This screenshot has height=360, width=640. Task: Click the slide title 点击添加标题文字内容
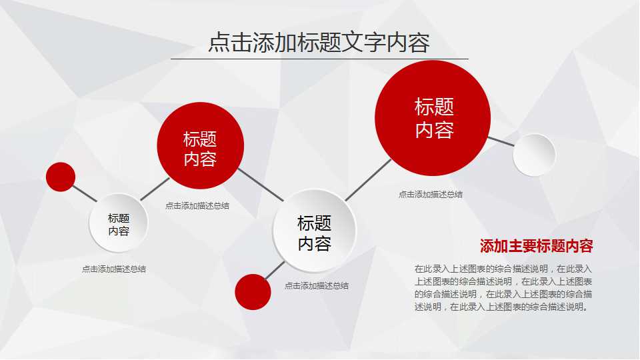tap(319, 42)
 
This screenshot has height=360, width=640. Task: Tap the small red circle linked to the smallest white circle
tap(61, 177)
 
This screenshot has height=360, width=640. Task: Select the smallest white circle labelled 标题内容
tap(119, 224)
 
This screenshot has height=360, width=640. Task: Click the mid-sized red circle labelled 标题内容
tap(200, 146)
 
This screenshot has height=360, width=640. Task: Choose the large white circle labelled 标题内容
tap(314, 231)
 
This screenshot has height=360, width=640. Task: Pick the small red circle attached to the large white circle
tap(253, 291)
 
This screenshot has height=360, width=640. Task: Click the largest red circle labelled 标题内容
tap(433, 118)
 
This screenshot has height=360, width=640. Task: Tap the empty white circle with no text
tap(534, 155)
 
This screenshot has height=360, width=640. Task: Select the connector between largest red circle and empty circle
tap(501, 141)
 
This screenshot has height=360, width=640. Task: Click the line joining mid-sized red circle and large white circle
tap(260, 184)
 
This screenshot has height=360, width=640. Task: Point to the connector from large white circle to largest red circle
tap(369, 179)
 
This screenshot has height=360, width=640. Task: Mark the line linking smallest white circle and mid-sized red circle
tap(155, 189)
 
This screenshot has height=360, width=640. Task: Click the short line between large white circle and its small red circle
tap(274, 270)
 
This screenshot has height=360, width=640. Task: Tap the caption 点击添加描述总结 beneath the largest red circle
tap(431, 195)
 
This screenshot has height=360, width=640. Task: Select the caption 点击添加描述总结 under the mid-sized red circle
tap(197, 206)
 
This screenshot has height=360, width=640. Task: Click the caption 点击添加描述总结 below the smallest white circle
tap(114, 269)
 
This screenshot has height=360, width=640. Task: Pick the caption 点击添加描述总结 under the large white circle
tap(317, 286)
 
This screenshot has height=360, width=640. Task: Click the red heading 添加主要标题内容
tap(536, 246)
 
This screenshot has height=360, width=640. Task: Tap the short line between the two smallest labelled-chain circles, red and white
tap(85, 194)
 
